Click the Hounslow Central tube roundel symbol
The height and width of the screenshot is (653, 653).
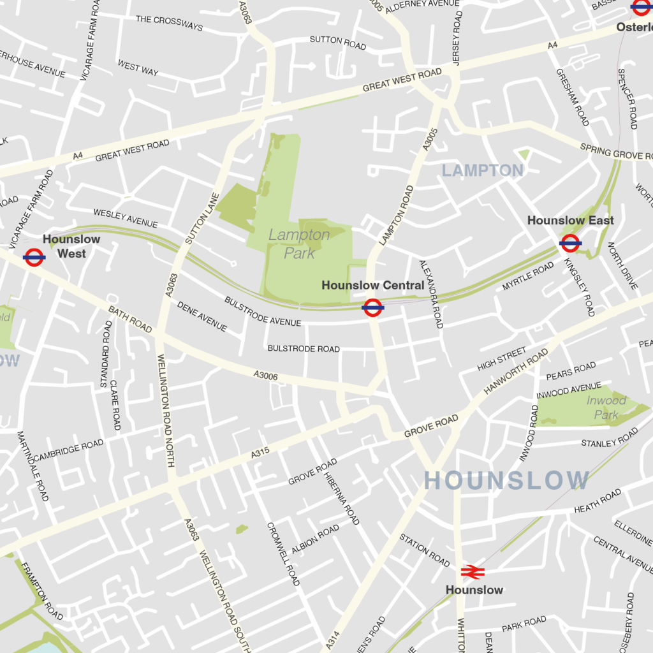373,308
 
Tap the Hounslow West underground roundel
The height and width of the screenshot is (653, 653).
34,258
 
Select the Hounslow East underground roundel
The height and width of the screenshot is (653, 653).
570,243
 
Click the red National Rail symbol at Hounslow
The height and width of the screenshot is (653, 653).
473,571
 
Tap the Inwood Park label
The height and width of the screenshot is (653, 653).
606,407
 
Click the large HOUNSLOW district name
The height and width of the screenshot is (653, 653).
507,480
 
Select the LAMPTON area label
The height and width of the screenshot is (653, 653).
483,170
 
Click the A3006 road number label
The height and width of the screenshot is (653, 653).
265,376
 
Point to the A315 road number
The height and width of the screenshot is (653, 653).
260,453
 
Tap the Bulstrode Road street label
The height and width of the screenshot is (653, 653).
304,349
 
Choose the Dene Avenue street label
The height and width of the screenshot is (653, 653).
202,317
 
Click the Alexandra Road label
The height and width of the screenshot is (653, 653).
430,294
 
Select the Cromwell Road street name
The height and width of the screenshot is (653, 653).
283,554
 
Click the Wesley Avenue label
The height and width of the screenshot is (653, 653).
126,218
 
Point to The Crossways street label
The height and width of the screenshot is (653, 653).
169,23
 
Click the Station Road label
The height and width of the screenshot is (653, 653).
424,550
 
